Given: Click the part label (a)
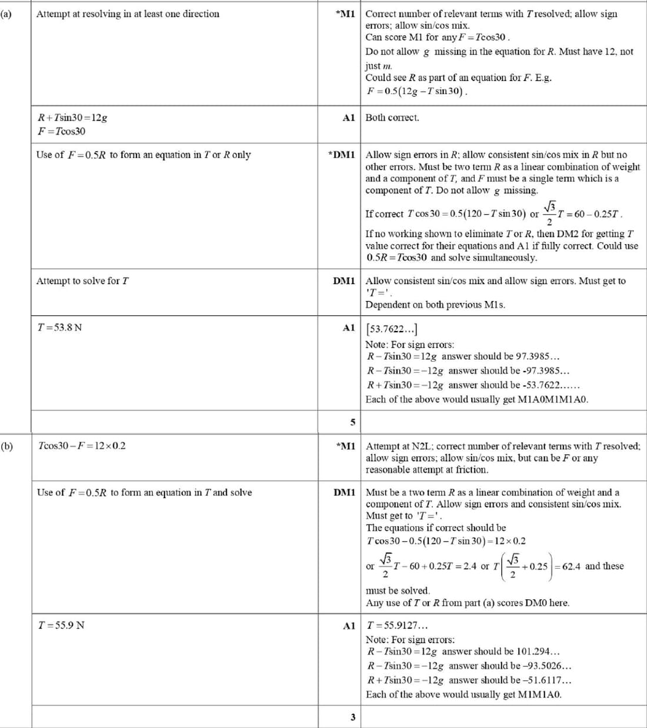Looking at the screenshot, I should pos(5,14).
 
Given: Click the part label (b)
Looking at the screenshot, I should pos(6,446).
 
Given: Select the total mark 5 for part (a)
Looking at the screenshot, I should pos(352,422).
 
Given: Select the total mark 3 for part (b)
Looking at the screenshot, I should pos(352,717).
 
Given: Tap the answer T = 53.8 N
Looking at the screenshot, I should pos(59,327).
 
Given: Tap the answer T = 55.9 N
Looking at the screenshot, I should pos(61,625).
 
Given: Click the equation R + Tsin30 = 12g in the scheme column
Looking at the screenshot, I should pos(72,118).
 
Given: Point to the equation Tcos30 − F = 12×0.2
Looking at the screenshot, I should pos(81,446).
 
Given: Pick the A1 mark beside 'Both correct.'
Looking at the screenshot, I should pos(349,118).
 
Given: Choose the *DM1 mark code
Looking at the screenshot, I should pos(342,155).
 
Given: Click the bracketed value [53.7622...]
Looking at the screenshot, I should pos(392,329).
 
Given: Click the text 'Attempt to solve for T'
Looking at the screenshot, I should pos(82,281).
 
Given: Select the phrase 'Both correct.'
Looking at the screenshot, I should pos(392,118).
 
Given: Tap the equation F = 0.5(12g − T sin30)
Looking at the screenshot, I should pos(417,92).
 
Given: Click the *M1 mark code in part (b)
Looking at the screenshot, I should pos(345,446).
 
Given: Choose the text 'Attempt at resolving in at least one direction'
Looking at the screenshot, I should pos(128,14).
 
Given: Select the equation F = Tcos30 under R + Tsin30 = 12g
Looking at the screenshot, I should pos(61,131).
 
